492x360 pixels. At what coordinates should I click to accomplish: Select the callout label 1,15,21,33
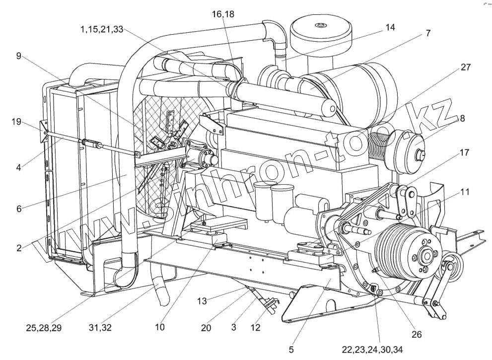pyautogui.click(x=102, y=29)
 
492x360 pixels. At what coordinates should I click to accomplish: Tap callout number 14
pyautogui.click(x=390, y=27)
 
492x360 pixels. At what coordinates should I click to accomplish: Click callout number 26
pyautogui.click(x=417, y=334)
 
